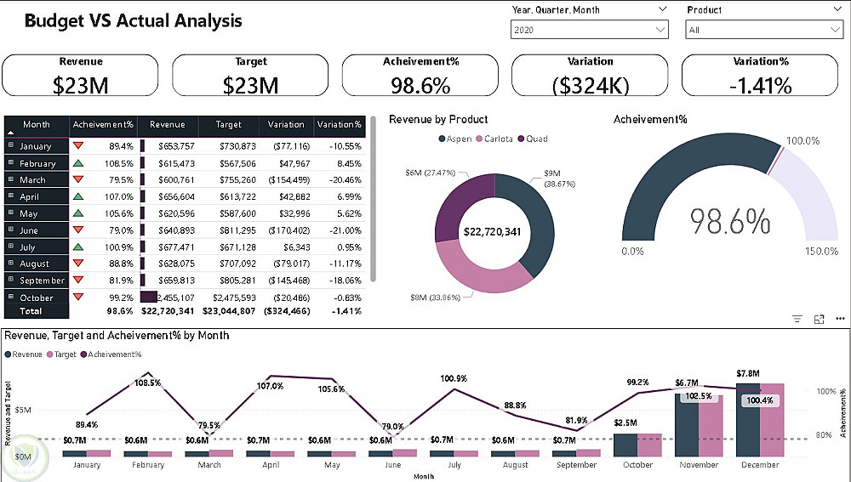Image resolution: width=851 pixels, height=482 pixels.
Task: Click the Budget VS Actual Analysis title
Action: click(x=133, y=21)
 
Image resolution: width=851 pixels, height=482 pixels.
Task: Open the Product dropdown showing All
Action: click(x=763, y=30)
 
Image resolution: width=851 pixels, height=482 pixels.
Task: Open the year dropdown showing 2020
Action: click(x=589, y=30)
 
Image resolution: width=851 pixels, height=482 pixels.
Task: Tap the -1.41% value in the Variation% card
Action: click(x=761, y=85)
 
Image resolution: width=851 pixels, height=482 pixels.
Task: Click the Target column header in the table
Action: click(x=228, y=124)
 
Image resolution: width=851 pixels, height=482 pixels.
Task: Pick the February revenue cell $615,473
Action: click(x=171, y=163)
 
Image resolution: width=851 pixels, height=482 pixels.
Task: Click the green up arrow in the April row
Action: click(x=78, y=196)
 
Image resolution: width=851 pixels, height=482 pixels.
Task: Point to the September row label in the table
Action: click(x=42, y=281)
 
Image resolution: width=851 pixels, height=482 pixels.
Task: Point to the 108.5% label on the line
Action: click(x=147, y=383)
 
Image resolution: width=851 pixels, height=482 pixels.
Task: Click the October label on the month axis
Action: click(x=637, y=465)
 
